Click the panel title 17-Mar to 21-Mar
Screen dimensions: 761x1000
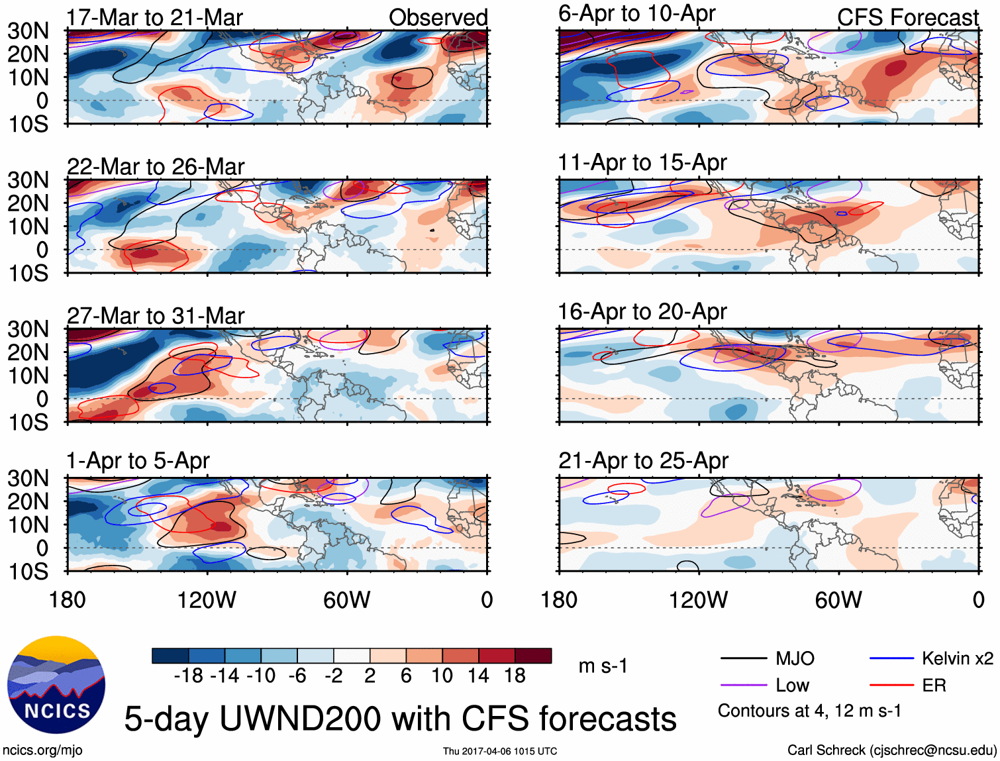[154, 18]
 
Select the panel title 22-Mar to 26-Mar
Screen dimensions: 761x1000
[156, 167]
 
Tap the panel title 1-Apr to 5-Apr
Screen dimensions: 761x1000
[138, 461]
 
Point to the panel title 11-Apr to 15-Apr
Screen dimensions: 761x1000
[642, 162]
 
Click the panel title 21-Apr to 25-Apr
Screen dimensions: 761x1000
[643, 461]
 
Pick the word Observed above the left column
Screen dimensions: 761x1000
[438, 18]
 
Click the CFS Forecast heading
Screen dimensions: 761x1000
[907, 18]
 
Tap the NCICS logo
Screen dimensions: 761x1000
[56, 685]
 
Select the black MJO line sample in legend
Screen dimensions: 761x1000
[743, 658]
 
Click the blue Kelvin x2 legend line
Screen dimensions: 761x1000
[891, 658]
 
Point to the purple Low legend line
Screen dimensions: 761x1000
[743, 685]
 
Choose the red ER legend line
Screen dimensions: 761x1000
[891, 685]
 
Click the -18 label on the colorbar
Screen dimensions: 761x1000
[188, 676]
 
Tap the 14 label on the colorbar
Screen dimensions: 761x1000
[478, 676]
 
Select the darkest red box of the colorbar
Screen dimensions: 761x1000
[533, 656]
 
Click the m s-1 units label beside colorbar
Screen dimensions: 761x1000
[603, 666]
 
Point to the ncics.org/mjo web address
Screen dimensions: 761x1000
[42, 750]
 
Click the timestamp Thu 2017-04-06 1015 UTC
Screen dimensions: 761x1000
[500, 751]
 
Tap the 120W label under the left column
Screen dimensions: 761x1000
[207, 600]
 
